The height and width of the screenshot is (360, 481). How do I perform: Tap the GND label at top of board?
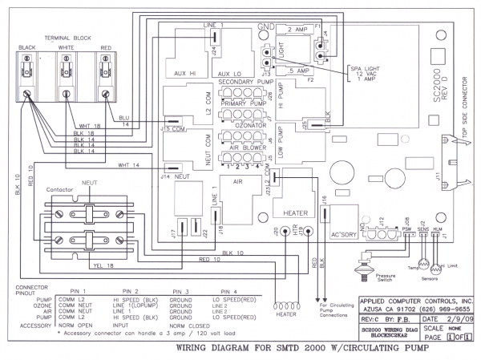[266, 28]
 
